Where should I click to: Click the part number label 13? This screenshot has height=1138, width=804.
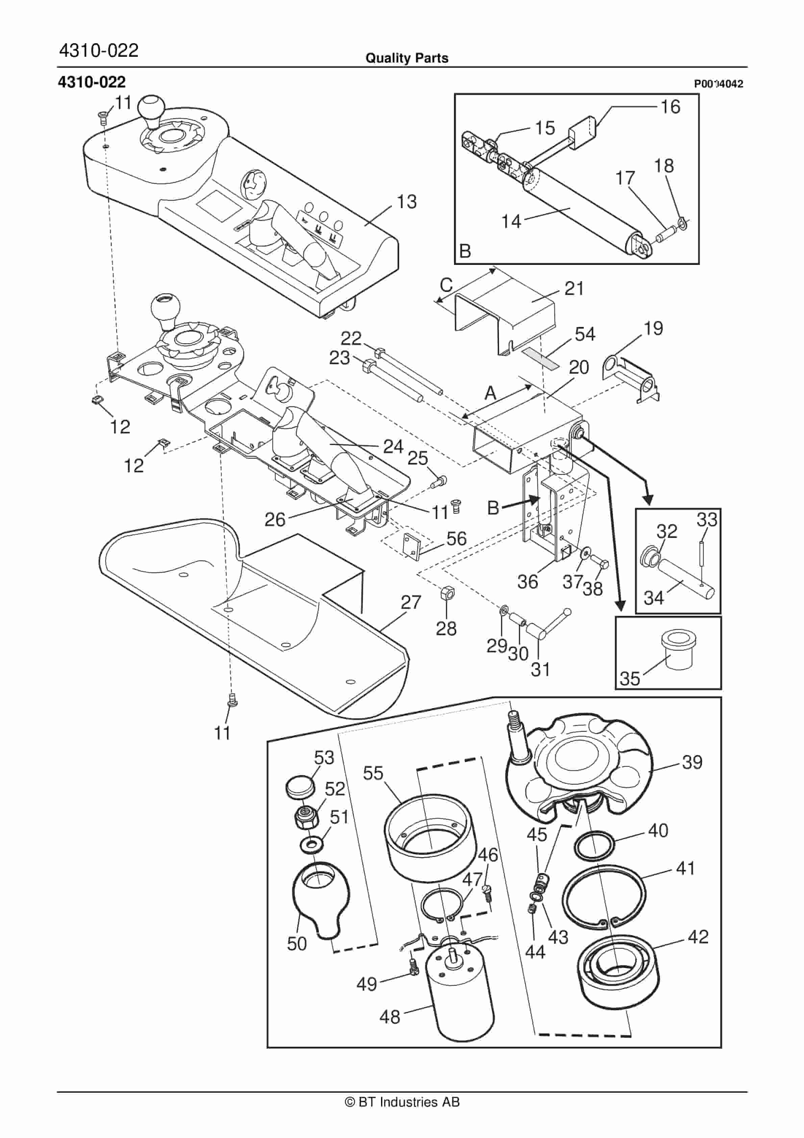click(406, 202)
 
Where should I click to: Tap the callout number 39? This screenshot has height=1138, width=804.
click(692, 762)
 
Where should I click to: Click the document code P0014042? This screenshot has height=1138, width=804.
click(718, 84)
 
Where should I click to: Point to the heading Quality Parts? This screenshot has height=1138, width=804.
click(406, 58)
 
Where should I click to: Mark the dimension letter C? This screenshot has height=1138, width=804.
click(446, 285)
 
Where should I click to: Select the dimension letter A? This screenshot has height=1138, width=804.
click(490, 393)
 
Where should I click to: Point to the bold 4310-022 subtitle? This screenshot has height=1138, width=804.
click(92, 82)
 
